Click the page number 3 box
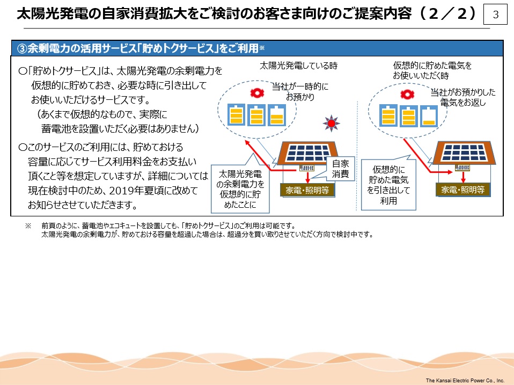point(496,14)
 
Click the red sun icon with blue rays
point(331,124)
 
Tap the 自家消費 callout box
point(341,169)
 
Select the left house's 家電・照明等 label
point(307,190)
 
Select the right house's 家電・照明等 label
point(463,190)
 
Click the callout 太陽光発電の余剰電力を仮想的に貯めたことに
point(240,188)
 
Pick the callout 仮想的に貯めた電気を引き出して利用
point(388,185)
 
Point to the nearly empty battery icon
point(429,116)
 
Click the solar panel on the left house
point(307,153)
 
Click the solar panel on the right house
point(464,152)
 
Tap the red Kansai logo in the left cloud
point(257,93)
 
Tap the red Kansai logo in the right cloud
point(407,95)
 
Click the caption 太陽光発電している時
point(298,66)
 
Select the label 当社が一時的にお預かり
point(300,91)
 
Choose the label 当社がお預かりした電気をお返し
point(463,97)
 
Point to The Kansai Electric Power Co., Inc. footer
point(465,380)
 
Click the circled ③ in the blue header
point(21,48)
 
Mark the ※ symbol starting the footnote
point(28,226)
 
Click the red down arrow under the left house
point(307,177)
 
